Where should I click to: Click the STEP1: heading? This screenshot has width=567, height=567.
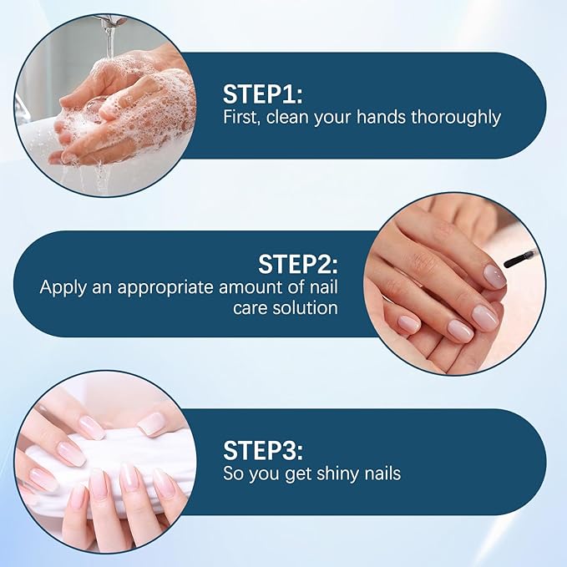pyautogui.click(x=261, y=93)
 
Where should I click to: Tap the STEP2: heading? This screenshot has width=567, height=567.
pyautogui.click(x=297, y=265)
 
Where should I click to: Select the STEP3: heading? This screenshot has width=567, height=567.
pyautogui.click(x=262, y=450)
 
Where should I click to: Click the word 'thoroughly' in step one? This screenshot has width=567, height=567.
pyautogui.click(x=457, y=117)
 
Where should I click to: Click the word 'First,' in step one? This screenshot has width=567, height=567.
pyautogui.click(x=243, y=117)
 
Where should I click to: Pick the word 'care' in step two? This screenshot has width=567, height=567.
pyautogui.click(x=251, y=308)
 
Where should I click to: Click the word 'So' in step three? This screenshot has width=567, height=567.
pyautogui.click(x=233, y=474)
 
